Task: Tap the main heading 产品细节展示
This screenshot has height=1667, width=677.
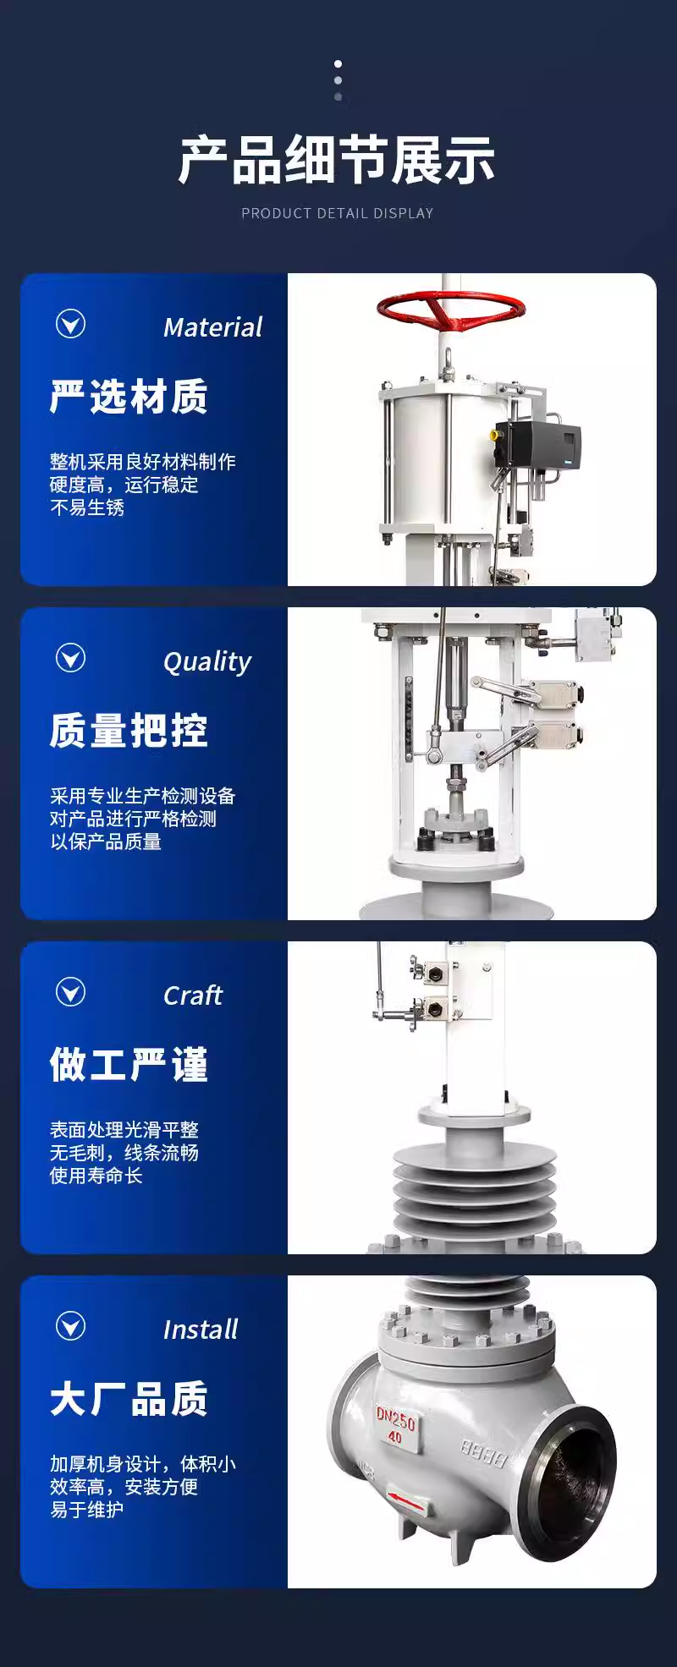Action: tap(337, 160)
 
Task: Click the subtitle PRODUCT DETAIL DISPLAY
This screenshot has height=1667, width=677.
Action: tap(337, 213)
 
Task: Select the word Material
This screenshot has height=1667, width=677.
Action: tap(212, 327)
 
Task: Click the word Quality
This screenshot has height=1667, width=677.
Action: tap(207, 662)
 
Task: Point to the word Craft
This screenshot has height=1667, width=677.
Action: tap(193, 995)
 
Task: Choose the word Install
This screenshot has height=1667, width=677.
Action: tap(201, 1330)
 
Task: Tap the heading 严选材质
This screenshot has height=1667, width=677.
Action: tap(129, 397)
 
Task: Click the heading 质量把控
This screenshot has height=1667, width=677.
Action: tap(129, 731)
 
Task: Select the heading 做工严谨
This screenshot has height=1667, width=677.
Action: tap(129, 1065)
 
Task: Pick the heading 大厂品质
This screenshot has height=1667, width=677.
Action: tap(129, 1399)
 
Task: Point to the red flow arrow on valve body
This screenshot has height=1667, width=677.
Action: tap(409, 1501)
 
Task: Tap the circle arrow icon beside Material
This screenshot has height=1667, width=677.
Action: tap(70, 323)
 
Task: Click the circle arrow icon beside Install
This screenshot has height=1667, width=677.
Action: tap(70, 1325)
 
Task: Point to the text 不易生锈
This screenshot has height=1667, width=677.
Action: tap(87, 507)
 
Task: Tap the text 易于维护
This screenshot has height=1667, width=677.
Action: tap(87, 1510)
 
